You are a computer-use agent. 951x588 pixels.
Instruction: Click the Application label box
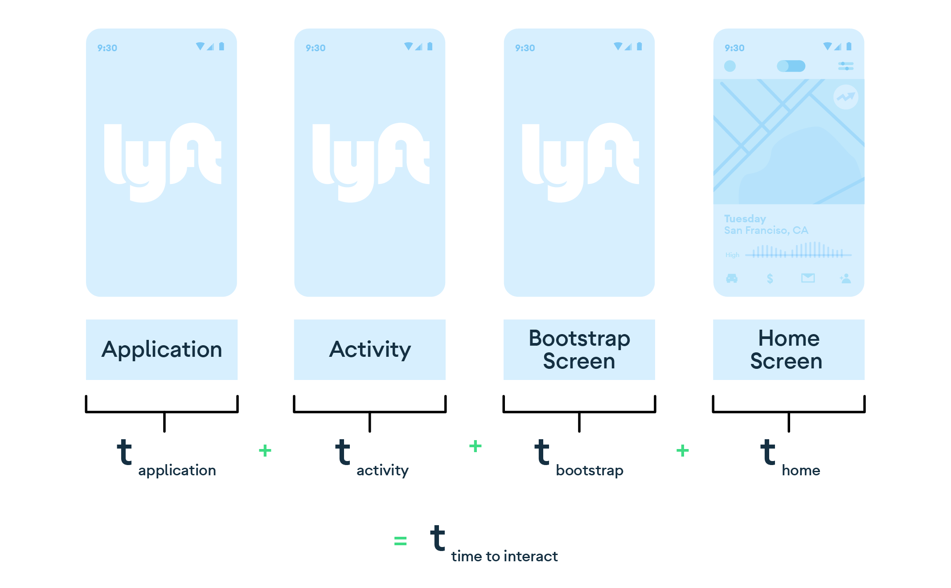tap(161, 349)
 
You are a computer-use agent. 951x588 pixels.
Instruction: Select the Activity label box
tap(369, 349)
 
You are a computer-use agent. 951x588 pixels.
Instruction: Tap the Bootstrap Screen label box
tap(579, 349)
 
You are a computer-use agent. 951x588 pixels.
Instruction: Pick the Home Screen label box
tap(788, 349)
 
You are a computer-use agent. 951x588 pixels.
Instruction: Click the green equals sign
tap(400, 541)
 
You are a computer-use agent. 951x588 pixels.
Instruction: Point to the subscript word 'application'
tap(177, 470)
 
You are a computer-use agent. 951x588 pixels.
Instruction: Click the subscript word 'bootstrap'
tap(589, 470)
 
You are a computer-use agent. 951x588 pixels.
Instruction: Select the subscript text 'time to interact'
tap(504, 556)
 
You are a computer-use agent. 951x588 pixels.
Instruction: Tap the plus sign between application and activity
tap(265, 450)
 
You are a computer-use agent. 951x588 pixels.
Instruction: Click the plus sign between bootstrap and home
tap(682, 450)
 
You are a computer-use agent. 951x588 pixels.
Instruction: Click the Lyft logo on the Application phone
tap(162, 162)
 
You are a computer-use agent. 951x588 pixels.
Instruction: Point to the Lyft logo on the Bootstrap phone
tap(580, 162)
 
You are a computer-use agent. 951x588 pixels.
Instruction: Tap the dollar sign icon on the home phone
tap(770, 279)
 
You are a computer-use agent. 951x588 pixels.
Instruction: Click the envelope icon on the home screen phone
tap(808, 278)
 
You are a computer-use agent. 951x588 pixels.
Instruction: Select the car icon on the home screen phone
tap(732, 278)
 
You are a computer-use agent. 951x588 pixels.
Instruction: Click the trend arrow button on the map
tap(845, 97)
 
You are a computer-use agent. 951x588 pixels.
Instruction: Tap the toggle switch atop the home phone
tap(791, 66)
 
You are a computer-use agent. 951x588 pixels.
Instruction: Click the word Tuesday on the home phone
tap(745, 219)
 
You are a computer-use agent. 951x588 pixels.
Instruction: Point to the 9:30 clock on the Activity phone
tap(316, 48)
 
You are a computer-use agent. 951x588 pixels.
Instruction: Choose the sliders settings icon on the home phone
tap(845, 66)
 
